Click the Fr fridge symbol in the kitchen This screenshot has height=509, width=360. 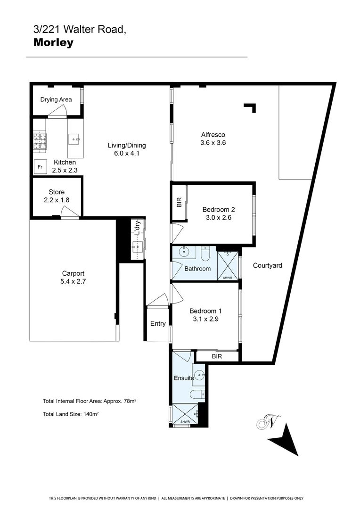coord(40,167)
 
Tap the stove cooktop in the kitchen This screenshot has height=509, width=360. coord(40,141)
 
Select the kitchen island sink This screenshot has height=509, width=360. coord(75,139)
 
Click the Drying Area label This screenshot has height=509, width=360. coord(56,99)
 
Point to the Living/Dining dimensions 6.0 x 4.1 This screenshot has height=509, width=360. coord(127,153)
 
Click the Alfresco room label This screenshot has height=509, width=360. coord(213,135)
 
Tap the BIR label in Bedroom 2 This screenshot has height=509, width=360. coord(179,203)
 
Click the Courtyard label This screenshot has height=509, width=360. coord(267,265)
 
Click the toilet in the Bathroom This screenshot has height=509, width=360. coord(205,254)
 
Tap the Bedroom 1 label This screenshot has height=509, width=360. coord(205,311)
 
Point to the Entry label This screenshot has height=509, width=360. coord(158,323)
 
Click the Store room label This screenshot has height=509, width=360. coord(57,192)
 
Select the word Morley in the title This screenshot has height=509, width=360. coord(53,43)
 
